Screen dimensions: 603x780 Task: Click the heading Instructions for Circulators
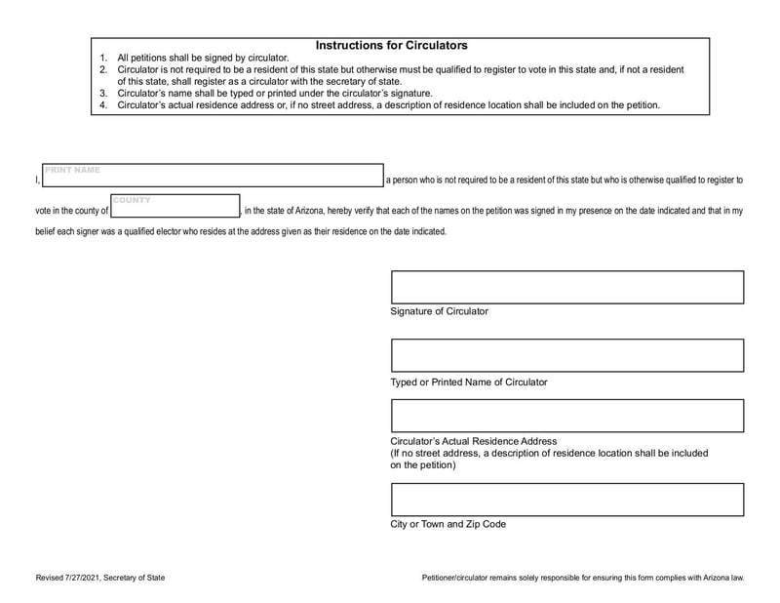click(391, 45)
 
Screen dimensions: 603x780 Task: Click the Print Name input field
click(213, 177)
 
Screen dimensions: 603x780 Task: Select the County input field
click(175, 208)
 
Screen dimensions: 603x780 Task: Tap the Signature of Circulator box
click(566, 287)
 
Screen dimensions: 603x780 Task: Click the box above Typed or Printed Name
click(566, 356)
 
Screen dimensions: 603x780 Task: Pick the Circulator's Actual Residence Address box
click(566, 416)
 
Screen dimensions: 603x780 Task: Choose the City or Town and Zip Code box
click(566, 500)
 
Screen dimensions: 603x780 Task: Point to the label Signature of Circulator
click(440, 311)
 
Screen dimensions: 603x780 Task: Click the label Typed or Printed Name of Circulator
click(469, 382)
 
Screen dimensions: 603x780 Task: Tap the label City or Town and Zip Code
click(448, 524)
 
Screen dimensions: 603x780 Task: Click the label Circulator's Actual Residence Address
click(474, 441)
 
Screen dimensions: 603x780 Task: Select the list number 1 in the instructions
click(104, 59)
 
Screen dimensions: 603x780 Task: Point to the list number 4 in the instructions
click(104, 105)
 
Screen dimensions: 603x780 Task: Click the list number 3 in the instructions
click(104, 94)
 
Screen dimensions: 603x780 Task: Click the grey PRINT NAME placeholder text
click(73, 171)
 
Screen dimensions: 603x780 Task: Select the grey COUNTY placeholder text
click(132, 200)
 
